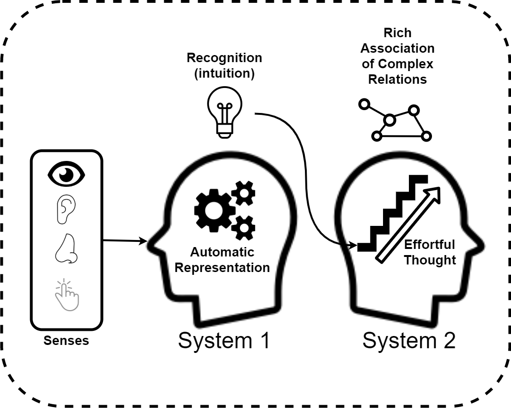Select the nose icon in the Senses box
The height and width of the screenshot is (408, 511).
[66, 249]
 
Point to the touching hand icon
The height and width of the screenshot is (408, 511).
[67, 295]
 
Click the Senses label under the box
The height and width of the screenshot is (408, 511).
[66, 340]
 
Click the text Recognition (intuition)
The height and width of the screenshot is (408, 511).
[224, 66]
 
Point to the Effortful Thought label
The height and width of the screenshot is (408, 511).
[430, 253]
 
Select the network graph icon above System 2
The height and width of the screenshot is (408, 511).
[394, 120]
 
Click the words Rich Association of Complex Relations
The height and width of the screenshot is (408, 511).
[398, 56]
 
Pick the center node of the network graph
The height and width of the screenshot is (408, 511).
[389, 120]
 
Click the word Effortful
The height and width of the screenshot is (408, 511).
[430, 245]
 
